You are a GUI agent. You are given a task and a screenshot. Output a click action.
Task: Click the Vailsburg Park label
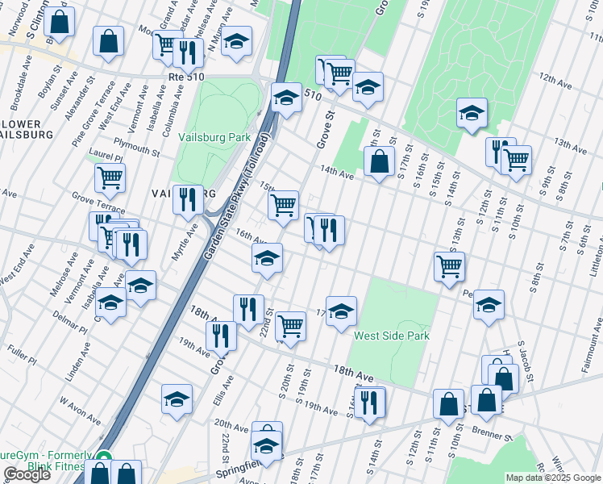tap(214, 137)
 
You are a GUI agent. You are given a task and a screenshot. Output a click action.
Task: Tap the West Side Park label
tap(392, 336)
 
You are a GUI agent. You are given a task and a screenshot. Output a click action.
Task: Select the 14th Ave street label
tap(337, 172)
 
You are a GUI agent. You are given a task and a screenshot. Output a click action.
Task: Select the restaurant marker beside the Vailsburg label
tap(188, 201)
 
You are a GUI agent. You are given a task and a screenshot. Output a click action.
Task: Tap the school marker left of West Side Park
tap(341, 312)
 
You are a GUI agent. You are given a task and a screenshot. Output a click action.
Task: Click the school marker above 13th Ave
tap(472, 114)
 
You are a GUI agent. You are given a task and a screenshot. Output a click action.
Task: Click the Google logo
tap(26, 474)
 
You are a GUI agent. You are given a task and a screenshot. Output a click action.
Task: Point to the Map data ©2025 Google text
tap(553, 478)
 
